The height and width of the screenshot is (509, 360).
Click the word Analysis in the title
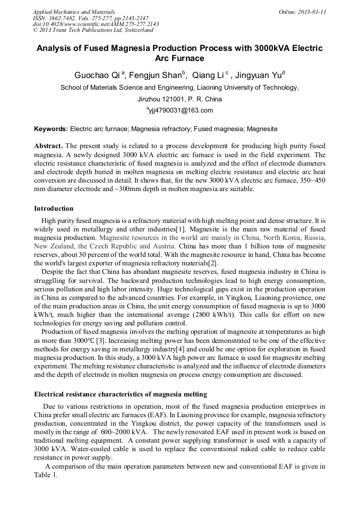click(56, 48)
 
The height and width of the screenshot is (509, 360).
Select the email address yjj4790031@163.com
click(180, 110)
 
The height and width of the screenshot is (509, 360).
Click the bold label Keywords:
click(51, 128)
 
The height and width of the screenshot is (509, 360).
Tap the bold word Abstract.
click(49, 146)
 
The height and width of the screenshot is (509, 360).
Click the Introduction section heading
click(54, 208)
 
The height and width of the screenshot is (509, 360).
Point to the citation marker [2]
click(212, 263)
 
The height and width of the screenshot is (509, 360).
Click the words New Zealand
click(54, 247)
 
